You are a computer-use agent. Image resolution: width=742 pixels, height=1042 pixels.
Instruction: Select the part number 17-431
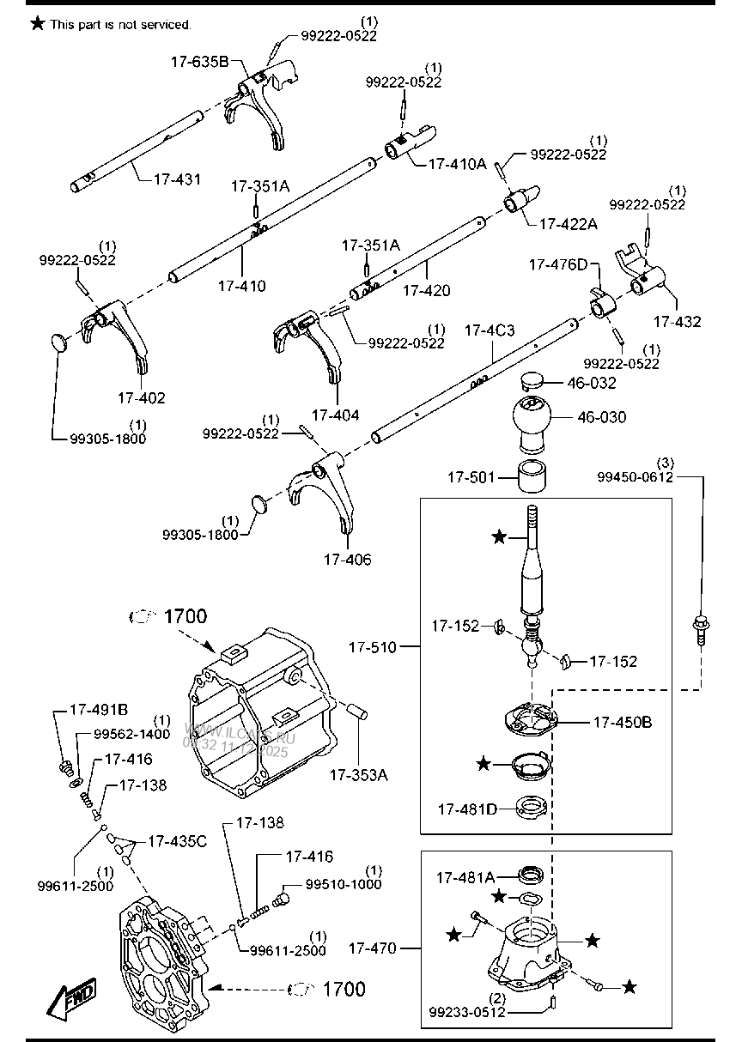(178, 179)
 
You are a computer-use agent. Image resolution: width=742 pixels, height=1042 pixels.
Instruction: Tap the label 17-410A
(457, 162)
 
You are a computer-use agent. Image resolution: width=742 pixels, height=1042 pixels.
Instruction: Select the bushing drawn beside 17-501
(533, 476)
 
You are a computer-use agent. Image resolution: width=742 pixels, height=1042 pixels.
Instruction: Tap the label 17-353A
(358, 775)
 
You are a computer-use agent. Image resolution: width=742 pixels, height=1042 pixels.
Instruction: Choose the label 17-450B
(622, 723)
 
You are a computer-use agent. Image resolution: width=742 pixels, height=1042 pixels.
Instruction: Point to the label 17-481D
(466, 809)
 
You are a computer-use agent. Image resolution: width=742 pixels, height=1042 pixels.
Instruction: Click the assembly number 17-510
(373, 647)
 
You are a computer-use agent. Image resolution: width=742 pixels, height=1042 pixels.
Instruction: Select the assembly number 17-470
(373, 948)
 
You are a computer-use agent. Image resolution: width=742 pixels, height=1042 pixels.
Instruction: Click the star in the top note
(37, 24)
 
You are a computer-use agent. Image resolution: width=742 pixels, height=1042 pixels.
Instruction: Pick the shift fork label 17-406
(347, 560)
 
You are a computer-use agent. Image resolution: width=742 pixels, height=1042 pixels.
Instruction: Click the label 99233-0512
(467, 1012)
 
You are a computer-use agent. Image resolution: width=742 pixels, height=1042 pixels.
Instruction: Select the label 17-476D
(558, 265)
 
